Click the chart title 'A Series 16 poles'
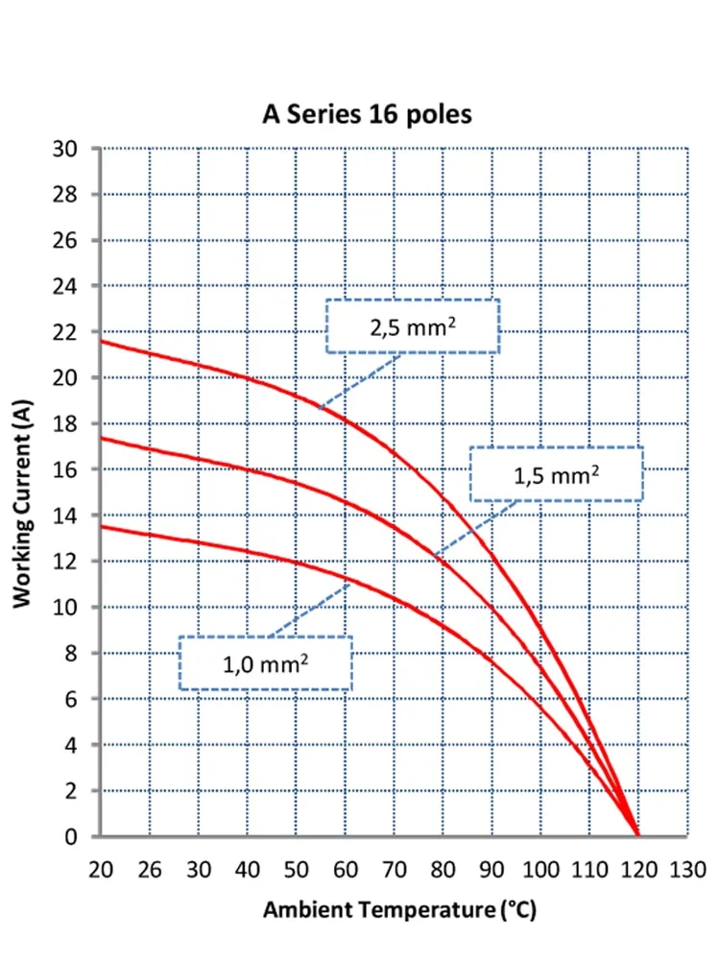click(367, 114)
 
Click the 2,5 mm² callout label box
click(413, 326)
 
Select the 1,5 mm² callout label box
click(557, 474)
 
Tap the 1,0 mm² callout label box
click(266, 663)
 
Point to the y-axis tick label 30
click(65, 149)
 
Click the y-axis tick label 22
click(65, 332)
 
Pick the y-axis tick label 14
click(65, 516)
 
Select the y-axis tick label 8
click(71, 653)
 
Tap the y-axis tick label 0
click(71, 836)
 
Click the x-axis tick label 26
click(150, 870)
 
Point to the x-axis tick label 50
click(297, 870)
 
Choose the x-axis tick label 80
click(443, 870)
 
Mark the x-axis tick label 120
click(638, 870)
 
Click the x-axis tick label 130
click(687, 870)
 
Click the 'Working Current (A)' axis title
click(22, 503)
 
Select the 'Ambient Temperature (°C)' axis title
click(399, 910)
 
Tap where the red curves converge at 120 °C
click(638, 835)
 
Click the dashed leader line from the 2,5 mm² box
click(359, 381)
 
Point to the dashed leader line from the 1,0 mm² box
click(309, 611)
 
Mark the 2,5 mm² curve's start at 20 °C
click(101, 341)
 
